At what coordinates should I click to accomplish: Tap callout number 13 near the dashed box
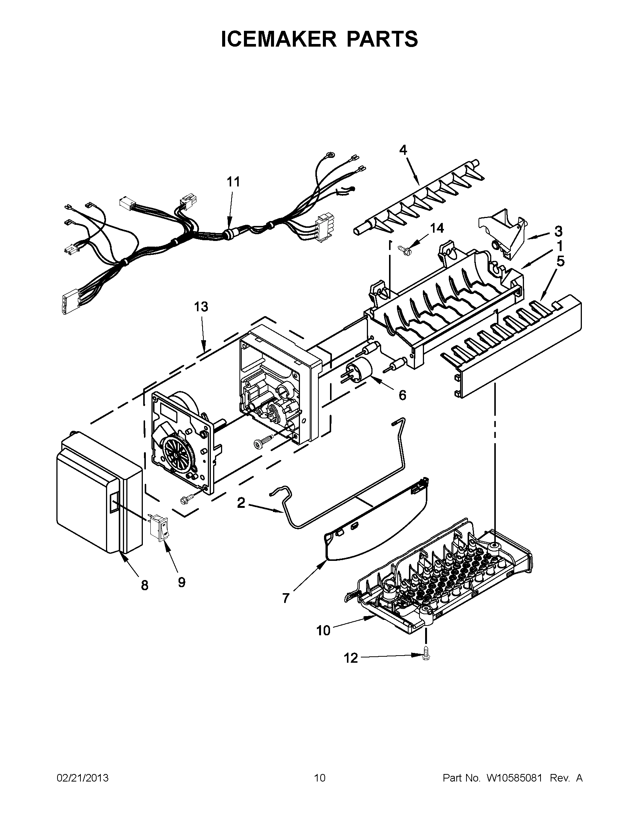[x=201, y=307]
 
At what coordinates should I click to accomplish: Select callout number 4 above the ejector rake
[x=403, y=150]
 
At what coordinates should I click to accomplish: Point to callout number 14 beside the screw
[x=437, y=228]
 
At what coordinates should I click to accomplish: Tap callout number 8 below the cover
[x=145, y=586]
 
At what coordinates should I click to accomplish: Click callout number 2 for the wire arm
[x=241, y=503]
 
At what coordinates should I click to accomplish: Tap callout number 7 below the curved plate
[x=286, y=598]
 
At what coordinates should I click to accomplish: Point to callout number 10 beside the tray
[x=324, y=631]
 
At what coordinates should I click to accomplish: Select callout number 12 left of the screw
[x=351, y=659]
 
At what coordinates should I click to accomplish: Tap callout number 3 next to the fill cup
[x=558, y=231]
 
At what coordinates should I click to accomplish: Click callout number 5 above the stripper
[x=560, y=261]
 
